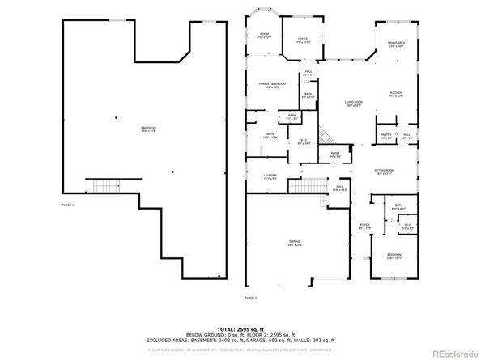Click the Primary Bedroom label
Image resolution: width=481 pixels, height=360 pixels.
tap(270, 85)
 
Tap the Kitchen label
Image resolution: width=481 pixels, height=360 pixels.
tap(395, 95)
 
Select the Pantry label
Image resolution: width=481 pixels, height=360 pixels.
tap(386, 136)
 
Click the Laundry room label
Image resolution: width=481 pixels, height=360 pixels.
tap(270, 177)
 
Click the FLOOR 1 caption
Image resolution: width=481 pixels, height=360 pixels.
tap(68, 205)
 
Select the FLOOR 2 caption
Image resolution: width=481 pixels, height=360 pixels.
tap(250, 298)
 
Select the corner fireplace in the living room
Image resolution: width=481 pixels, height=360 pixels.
tap(322, 134)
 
